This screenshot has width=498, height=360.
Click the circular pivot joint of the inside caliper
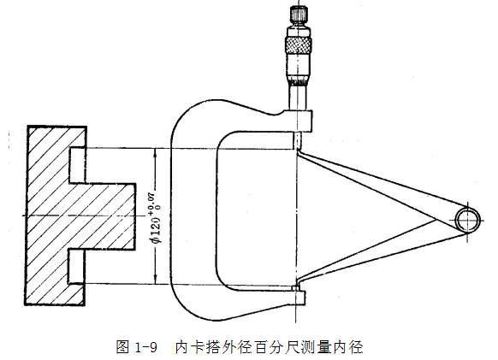click(x=468, y=220)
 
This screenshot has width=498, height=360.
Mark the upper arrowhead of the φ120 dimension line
click(x=155, y=153)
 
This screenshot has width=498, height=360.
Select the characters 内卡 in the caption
click(x=189, y=346)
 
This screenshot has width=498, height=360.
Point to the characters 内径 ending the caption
click(x=350, y=346)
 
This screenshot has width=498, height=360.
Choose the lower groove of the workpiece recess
click(x=77, y=266)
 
